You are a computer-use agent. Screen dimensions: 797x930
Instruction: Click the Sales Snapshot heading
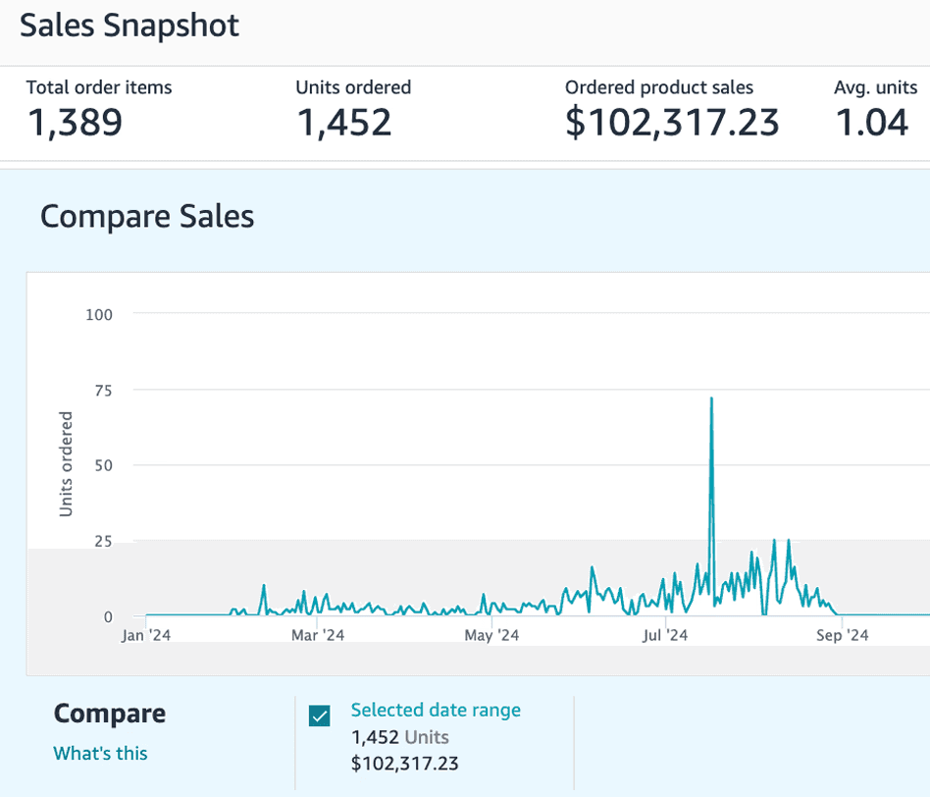(x=129, y=27)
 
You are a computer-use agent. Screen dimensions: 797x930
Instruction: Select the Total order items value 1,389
(x=75, y=123)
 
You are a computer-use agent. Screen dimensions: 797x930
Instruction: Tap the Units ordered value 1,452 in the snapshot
(x=343, y=123)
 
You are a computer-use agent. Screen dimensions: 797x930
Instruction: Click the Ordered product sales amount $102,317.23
(x=672, y=123)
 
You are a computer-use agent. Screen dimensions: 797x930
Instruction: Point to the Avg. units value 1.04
(x=871, y=123)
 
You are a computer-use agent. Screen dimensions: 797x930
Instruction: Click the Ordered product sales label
(x=659, y=87)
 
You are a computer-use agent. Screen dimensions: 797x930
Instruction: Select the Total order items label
(x=99, y=87)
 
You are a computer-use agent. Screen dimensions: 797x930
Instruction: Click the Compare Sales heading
(x=147, y=216)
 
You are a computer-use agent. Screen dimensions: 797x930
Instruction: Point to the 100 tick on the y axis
(x=100, y=314)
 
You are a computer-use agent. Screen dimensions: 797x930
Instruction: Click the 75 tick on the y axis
(x=103, y=390)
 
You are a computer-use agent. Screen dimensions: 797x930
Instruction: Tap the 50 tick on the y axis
(x=103, y=465)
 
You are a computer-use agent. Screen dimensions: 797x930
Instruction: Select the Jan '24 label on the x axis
(x=146, y=636)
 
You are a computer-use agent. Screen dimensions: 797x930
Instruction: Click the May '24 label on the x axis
(x=491, y=636)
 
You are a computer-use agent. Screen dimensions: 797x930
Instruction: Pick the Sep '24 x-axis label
(x=843, y=636)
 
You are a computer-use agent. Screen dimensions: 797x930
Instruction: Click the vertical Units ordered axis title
(x=67, y=464)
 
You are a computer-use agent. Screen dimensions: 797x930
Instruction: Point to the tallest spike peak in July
(x=711, y=398)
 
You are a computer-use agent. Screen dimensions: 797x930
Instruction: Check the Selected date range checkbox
(x=320, y=717)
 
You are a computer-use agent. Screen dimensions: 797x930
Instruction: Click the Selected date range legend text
(x=436, y=710)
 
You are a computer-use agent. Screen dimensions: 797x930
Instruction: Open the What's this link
(x=100, y=753)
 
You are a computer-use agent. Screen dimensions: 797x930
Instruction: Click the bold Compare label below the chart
(x=110, y=714)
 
